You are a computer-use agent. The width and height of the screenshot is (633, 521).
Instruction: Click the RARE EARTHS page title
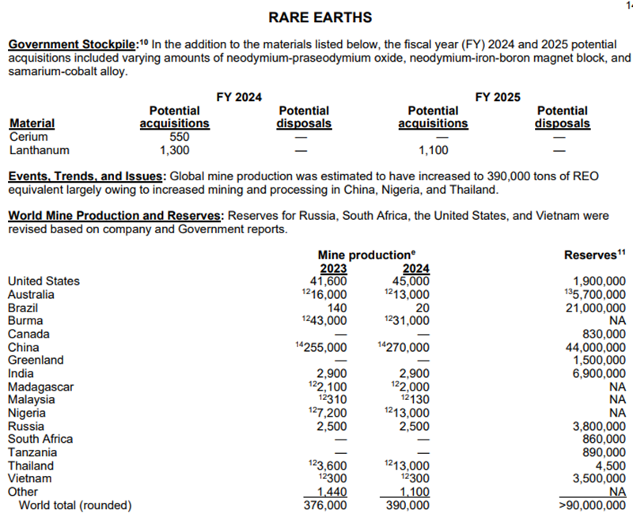(320, 17)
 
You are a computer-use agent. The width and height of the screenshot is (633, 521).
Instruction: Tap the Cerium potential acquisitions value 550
(174, 136)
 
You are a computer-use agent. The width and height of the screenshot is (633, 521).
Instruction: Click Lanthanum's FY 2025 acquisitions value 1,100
(432, 149)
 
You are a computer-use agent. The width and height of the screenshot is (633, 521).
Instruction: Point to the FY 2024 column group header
(239, 97)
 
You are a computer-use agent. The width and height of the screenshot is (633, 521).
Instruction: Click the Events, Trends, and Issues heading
(86, 176)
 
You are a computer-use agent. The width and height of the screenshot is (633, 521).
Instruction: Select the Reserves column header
(594, 255)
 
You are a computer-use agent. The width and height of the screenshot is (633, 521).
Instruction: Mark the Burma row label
(25, 321)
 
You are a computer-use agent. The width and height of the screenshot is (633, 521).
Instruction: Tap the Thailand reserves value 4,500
(612, 466)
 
